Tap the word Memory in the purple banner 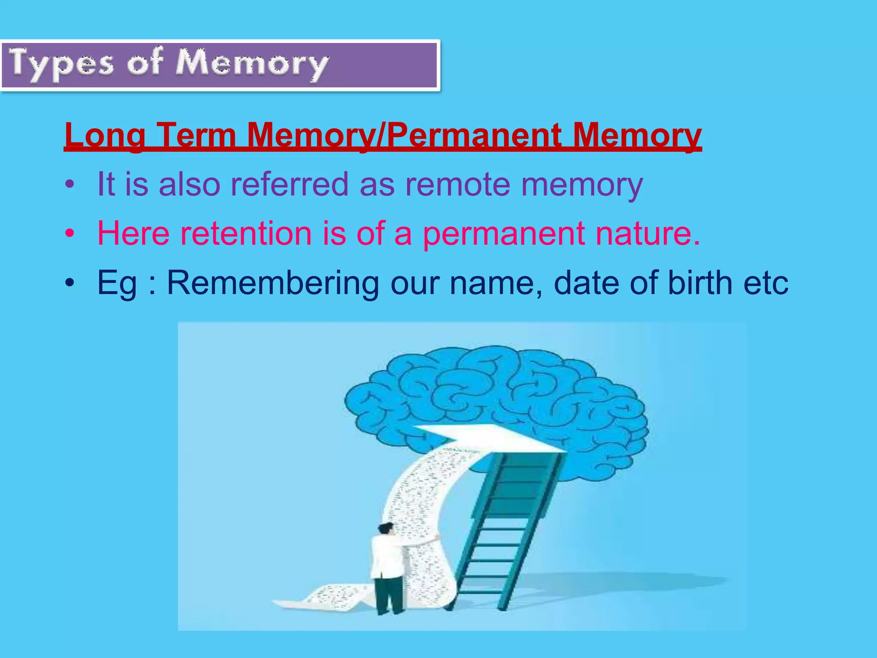point(253,64)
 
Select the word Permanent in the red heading point(475,135)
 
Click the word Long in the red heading point(105,135)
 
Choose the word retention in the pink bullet point(246,233)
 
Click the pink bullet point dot point(70,234)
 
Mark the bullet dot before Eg point(70,284)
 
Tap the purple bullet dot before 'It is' point(70,185)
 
